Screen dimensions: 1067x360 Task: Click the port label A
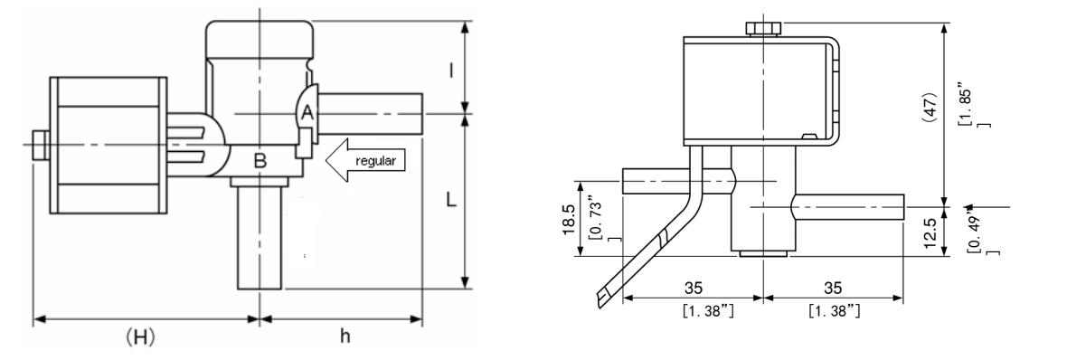pyautogui.click(x=307, y=113)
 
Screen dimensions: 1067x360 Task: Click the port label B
pyautogui.click(x=260, y=161)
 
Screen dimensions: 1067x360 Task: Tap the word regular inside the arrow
pyautogui.click(x=375, y=162)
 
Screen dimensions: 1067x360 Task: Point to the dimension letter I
pyautogui.click(x=451, y=70)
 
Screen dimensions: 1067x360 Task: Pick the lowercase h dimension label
pyautogui.click(x=345, y=336)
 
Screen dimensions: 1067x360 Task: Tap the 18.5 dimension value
pyautogui.click(x=570, y=220)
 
